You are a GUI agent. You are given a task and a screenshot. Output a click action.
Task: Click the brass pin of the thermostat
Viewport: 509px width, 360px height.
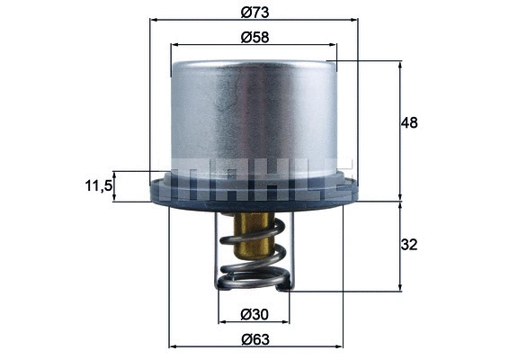[x=251, y=236]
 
